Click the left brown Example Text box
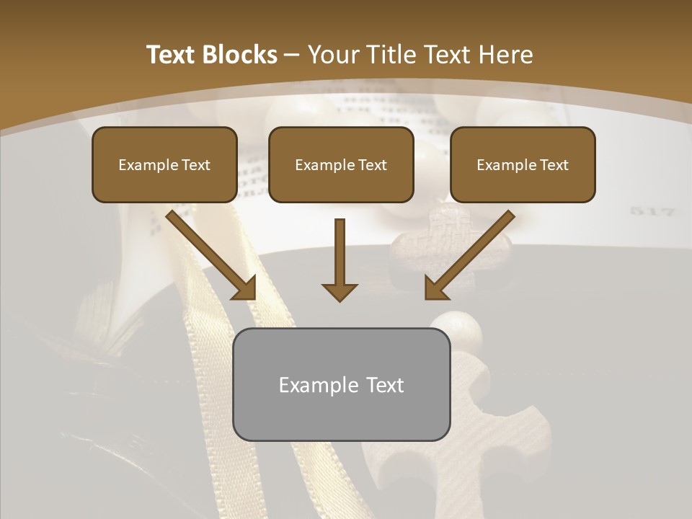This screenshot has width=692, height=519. coord(164,165)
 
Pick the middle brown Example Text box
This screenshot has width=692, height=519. coord(341,165)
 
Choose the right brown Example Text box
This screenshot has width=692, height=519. coord(523,165)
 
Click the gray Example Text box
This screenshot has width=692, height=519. coord(341,384)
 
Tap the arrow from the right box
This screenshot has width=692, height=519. coord(469,255)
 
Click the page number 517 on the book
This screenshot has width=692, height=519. coord(652,212)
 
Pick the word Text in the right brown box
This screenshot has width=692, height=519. coord(554,165)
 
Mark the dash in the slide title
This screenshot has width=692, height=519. coord(292,56)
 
